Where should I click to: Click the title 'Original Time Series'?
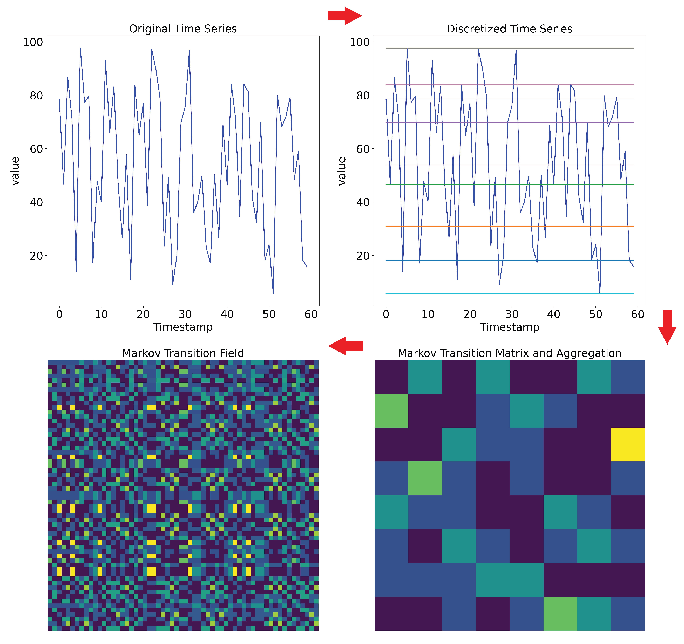click(183, 29)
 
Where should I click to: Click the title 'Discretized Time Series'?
click(509, 29)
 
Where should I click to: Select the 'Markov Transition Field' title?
click(183, 353)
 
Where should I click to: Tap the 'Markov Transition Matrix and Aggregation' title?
click(509, 353)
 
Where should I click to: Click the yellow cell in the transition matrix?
click(628, 444)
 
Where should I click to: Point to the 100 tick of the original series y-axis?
click(33, 42)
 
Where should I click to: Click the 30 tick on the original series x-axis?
click(185, 314)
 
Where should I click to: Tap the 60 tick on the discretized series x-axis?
click(638, 314)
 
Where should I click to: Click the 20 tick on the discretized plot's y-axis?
click(363, 256)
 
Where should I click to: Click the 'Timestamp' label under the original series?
click(183, 327)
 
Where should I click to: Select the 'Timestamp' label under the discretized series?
click(509, 327)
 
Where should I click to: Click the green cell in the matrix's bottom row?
click(560, 613)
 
